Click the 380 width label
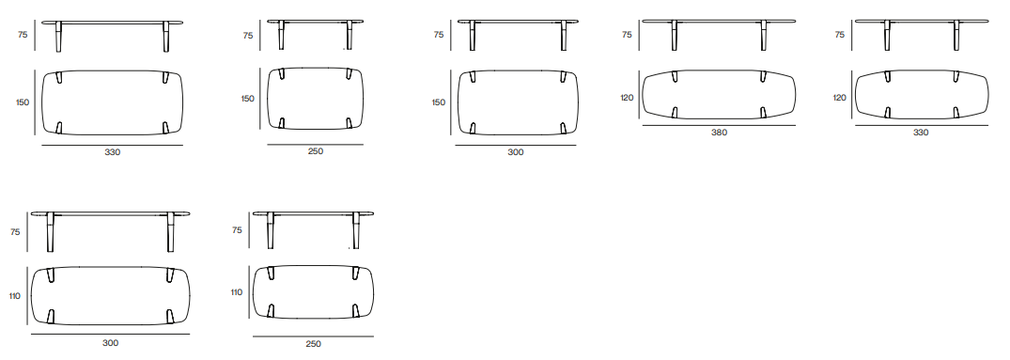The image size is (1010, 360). click(719, 133)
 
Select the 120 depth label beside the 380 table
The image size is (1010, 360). click(628, 98)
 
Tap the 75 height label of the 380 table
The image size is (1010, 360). click(627, 35)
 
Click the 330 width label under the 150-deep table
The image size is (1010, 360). click(113, 152)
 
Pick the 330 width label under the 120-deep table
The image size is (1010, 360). click(921, 133)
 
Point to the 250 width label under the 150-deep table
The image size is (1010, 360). click(315, 151)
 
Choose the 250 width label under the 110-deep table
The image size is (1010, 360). click(313, 344)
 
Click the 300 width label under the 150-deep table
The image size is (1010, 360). click(515, 152)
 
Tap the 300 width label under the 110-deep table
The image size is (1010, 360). click(110, 343)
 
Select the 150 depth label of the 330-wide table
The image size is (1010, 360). click(23, 102)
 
